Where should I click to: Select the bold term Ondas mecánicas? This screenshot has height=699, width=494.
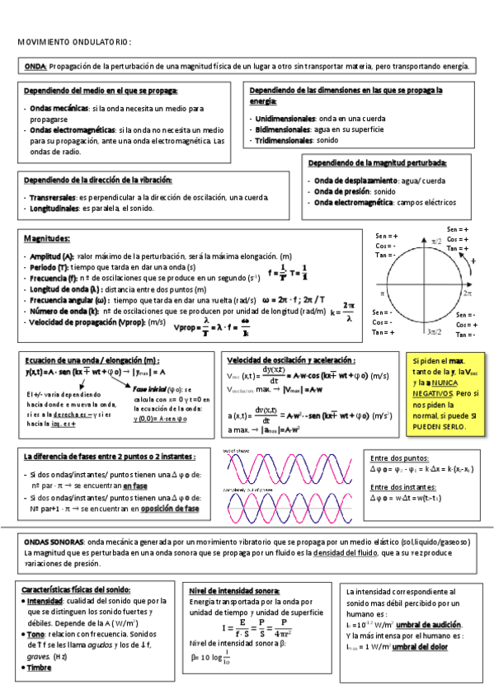60,108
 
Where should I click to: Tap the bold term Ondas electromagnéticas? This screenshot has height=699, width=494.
73,130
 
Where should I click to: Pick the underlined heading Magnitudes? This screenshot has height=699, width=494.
46,238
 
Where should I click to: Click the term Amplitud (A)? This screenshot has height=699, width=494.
52,256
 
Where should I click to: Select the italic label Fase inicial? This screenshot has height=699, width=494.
153,388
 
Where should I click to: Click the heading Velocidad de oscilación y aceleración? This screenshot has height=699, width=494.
290,360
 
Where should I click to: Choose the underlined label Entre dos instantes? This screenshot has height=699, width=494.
405,486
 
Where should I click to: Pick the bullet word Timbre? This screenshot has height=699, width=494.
40,668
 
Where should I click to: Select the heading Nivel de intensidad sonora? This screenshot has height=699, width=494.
234,590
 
